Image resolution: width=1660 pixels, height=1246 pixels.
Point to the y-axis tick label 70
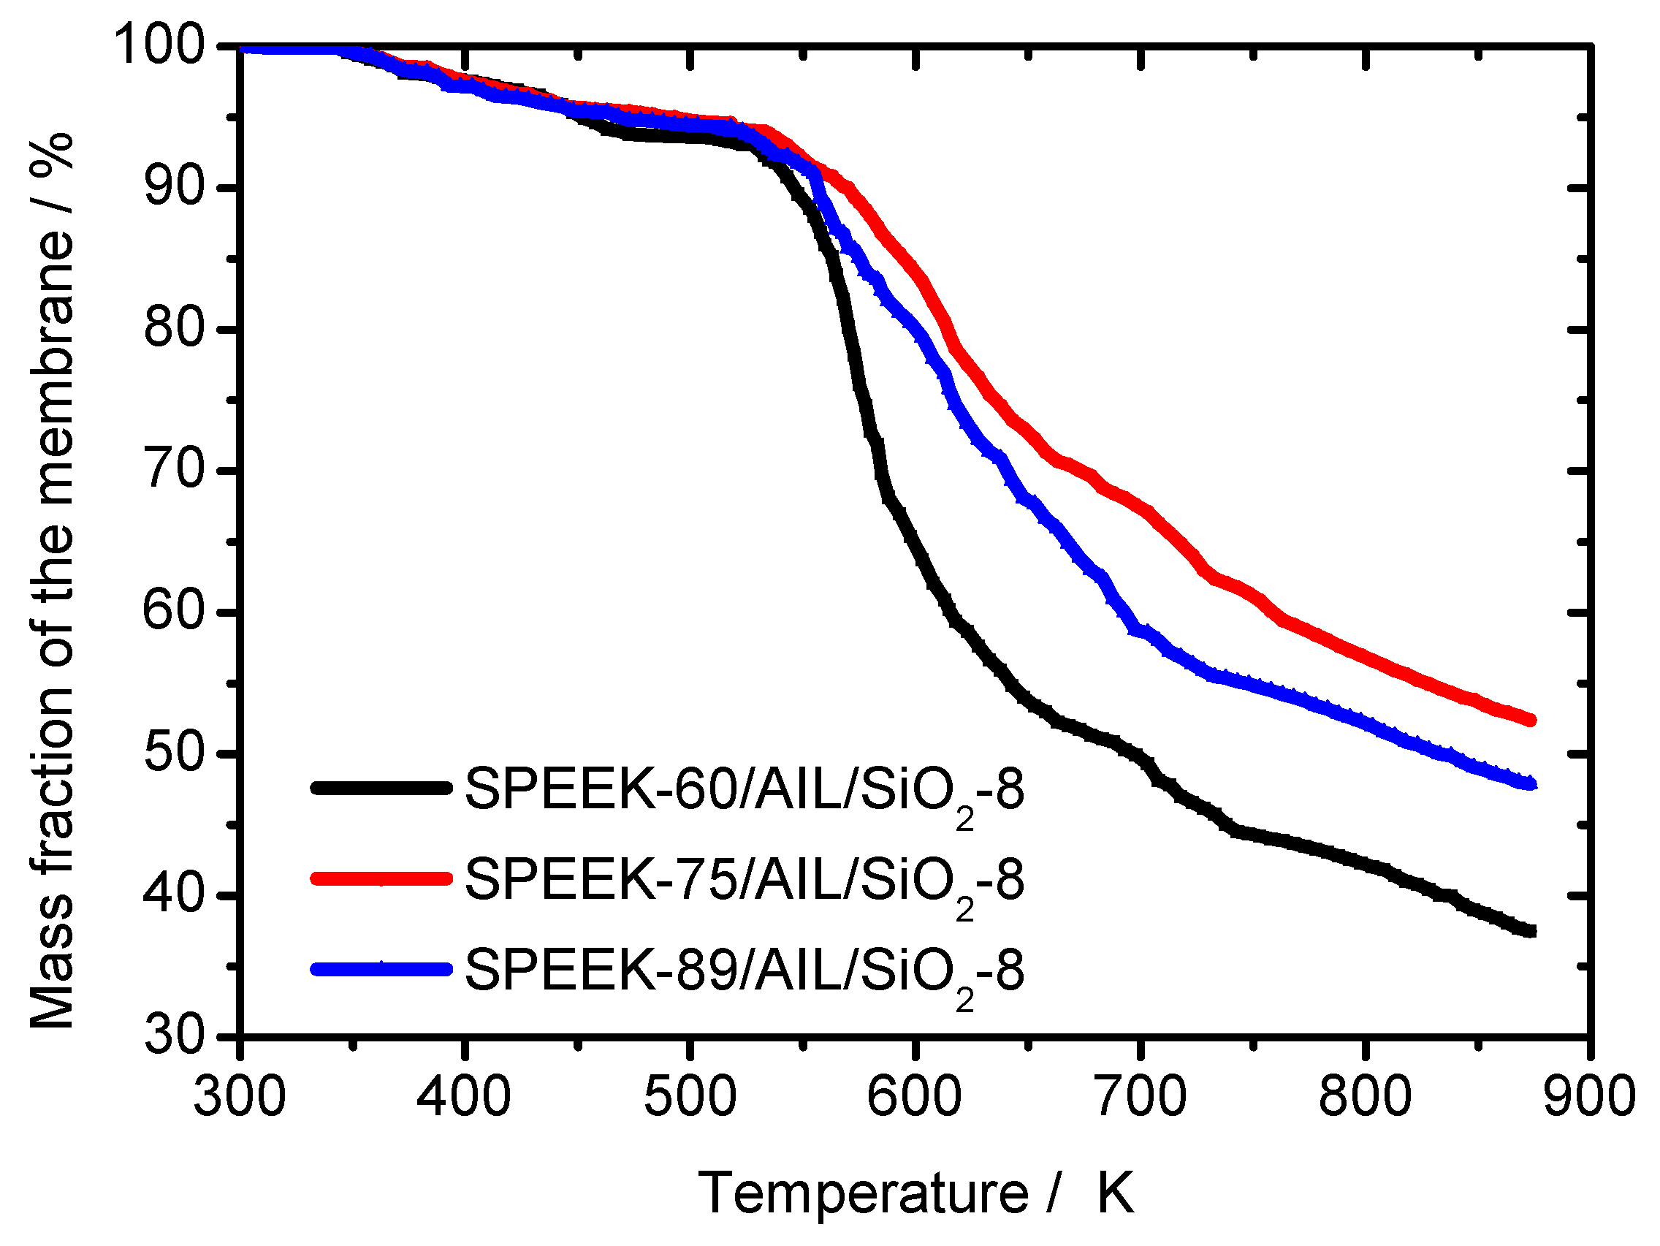tap(173, 471)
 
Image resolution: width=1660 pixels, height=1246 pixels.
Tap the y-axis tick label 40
tap(173, 894)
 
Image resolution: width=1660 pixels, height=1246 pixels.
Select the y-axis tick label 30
tap(173, 1036)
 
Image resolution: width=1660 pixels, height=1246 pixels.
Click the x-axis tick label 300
tap(240, 1096)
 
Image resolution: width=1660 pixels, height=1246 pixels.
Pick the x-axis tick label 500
tap(690, 1096)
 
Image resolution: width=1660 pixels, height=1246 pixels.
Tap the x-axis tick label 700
tap(1141, 1096)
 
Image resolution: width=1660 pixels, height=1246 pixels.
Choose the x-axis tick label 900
tap(1589, 1096)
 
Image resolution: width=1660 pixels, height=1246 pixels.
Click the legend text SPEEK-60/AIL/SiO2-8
tap(743, 791)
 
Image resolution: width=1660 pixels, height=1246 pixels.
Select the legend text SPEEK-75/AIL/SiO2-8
tap(743, 881)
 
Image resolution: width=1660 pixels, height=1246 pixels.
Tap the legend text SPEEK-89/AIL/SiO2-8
tap(743, 970)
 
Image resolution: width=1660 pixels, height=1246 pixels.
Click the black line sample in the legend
tap(381, 787)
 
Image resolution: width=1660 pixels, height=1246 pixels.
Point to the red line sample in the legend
tap(381, 878)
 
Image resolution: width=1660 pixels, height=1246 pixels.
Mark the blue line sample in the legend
tap(381, 969)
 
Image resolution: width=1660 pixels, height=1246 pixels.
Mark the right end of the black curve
tap(1531, 932)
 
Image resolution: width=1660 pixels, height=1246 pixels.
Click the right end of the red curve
tap(1531, 720)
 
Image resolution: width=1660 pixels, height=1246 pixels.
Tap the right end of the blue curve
tap(1531, 784)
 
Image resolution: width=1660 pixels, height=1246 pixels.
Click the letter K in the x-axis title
tap(1115, 1193)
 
